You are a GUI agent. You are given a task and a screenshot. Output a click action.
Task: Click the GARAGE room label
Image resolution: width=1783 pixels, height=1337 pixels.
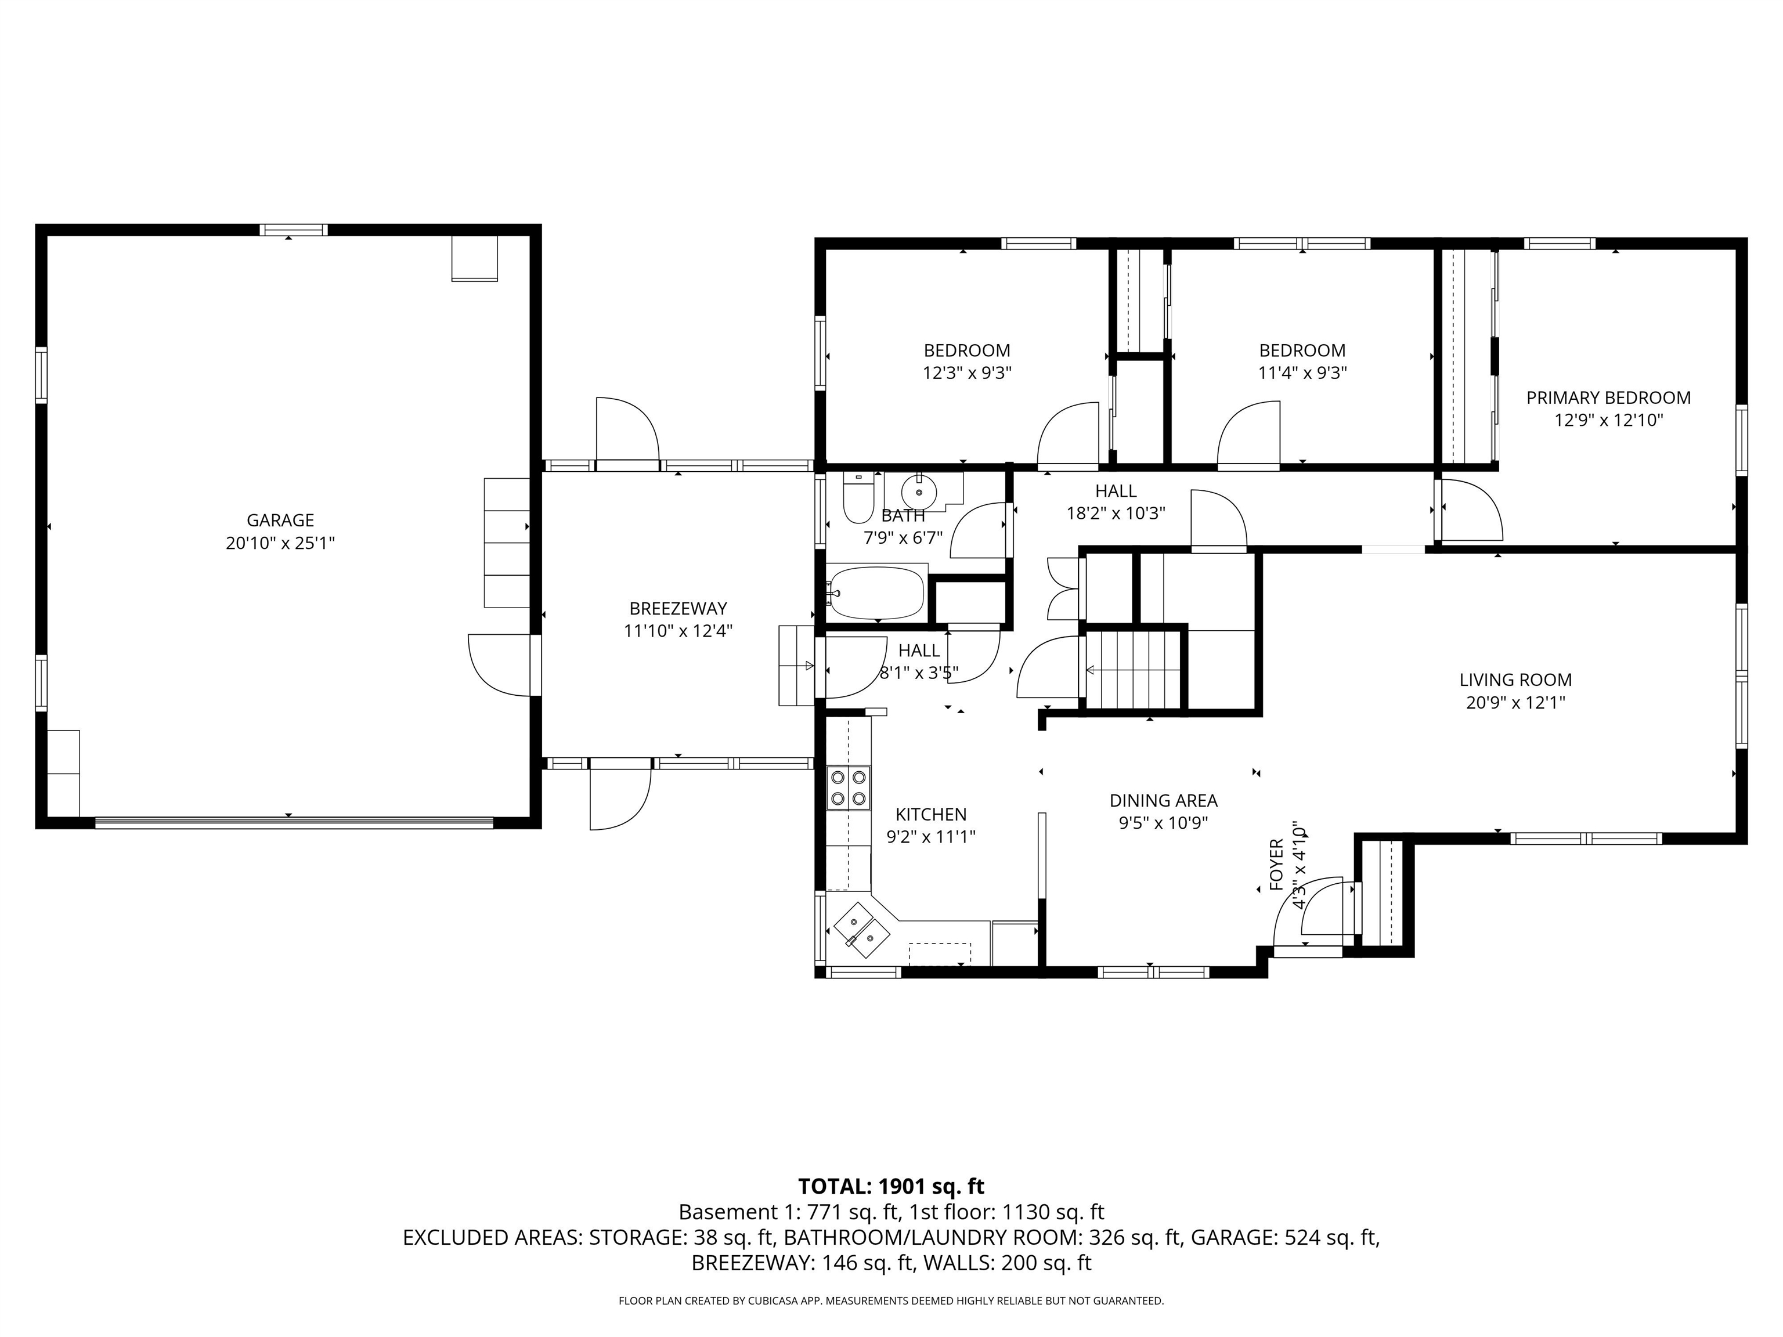pos(280,521)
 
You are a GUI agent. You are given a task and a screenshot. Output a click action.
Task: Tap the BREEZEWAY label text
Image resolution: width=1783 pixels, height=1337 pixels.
pos(678,609)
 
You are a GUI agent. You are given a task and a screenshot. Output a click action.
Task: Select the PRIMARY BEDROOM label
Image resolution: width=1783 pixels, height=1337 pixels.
pos(1608,398)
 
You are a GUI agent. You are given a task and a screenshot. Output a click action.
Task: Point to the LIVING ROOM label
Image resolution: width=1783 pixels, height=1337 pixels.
pos(1515,680)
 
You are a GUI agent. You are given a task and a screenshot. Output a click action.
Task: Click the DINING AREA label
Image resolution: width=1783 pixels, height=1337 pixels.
pos(1163,800)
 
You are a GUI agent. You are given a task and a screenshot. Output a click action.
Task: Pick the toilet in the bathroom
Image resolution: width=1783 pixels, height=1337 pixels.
pos(858,498)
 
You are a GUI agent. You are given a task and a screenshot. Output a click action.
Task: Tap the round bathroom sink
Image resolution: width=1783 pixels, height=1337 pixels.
pos(919,491)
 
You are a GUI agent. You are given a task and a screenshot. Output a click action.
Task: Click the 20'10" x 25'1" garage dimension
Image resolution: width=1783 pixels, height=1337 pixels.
pos(280,543)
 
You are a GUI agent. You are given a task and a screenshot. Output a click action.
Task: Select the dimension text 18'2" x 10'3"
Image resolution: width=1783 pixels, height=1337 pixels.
pos(1116,514)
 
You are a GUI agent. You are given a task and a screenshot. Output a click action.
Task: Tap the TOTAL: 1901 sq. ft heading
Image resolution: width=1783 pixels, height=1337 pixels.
pos(891,1186)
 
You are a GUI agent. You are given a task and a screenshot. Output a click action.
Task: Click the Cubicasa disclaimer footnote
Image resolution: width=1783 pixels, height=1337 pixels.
pos(891,1300)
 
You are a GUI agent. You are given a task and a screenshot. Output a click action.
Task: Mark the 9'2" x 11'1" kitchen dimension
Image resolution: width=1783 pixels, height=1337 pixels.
pos(931,837)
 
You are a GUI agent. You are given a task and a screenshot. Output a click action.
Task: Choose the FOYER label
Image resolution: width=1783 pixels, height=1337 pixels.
pos(1276,865)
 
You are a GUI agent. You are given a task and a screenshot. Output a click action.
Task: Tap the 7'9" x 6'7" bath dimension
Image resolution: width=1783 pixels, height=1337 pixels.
pos(903,537)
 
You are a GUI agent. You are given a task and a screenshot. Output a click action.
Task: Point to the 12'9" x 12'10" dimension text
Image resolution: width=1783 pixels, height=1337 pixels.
pos(1609,420)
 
